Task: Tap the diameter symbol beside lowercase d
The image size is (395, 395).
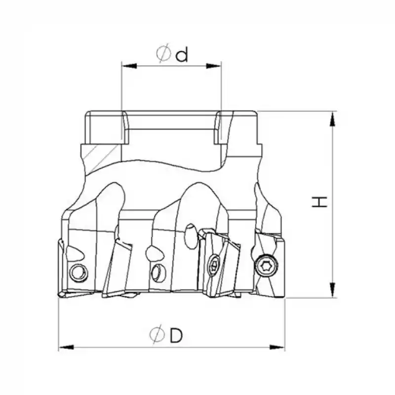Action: point(164,53)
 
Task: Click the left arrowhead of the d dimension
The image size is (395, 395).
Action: point(127,65)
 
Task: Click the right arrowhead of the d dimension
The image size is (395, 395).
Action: point(215,65)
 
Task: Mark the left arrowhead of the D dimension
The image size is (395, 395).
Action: point(65,348)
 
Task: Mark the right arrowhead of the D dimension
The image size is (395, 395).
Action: point(279,348)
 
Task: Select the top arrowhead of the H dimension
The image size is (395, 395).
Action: point(334,118)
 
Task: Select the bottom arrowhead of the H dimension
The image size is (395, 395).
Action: point(334,291)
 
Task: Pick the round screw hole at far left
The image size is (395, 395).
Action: point(78,272)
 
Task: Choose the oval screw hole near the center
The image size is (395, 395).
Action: point(157,271)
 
